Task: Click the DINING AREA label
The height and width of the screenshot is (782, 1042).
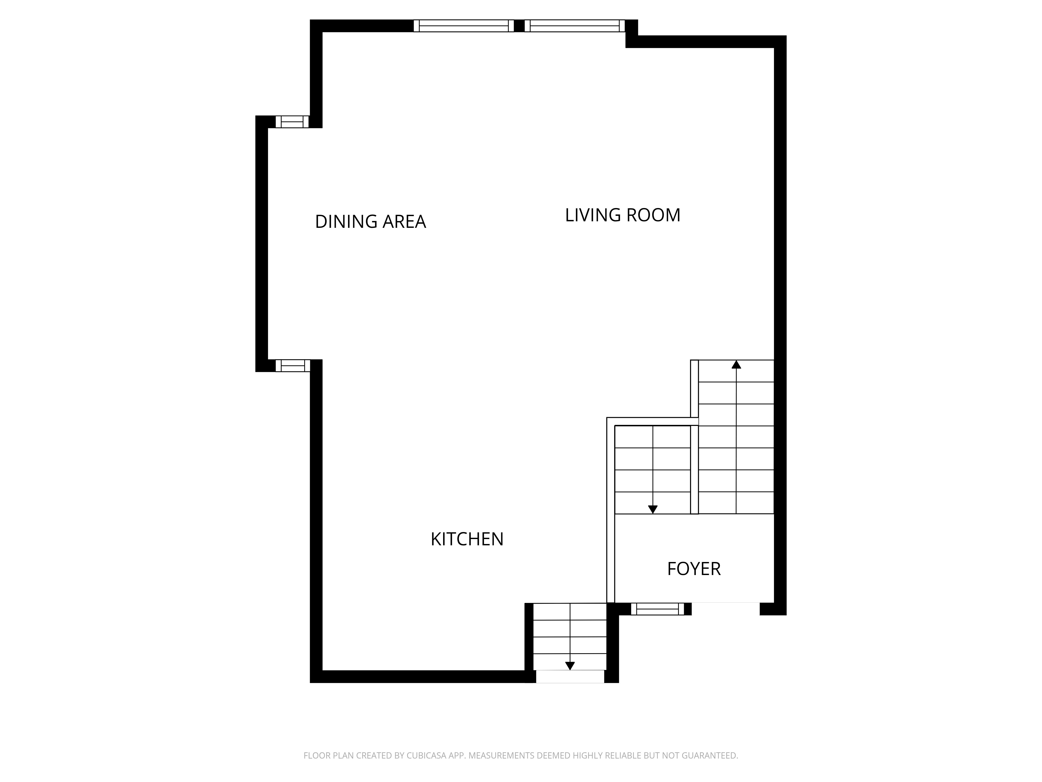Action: (370, 222)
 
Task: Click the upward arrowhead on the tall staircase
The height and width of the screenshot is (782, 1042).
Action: (736, 364)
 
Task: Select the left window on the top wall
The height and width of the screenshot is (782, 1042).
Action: (463, 26)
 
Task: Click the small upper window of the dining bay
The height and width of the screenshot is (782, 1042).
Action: (292, 122)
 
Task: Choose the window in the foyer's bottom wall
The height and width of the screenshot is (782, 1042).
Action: (657, 609)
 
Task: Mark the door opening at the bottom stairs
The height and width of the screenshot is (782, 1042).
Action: (570, 676)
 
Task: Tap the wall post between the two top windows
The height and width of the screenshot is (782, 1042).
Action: (519, 26)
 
